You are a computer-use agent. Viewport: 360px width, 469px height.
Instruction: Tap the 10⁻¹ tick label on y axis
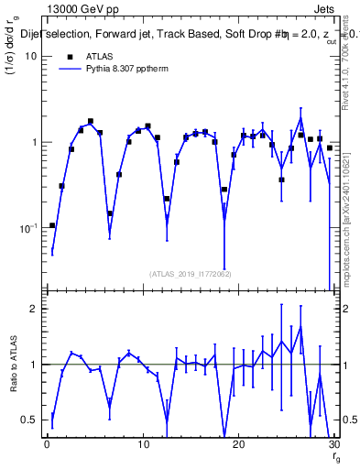27,228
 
